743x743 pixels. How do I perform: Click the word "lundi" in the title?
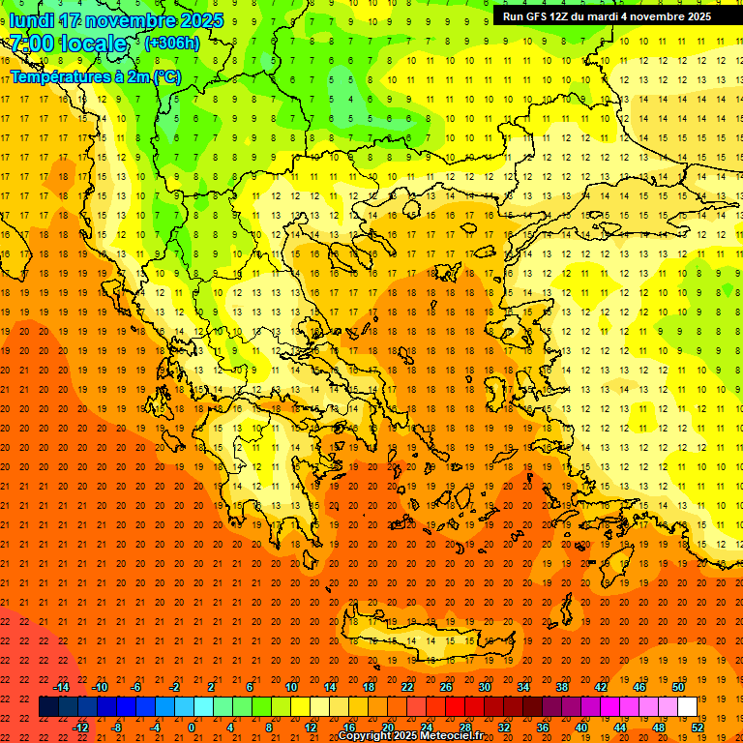[x=31, y=20]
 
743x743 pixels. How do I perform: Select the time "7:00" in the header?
[x=32, y=44]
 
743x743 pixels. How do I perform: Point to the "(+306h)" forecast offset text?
[x=172, y=43]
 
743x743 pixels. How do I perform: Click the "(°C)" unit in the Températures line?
[x=166, y=76]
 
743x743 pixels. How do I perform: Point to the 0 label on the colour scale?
[x=192, y=728]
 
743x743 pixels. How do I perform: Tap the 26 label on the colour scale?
[x=446, y=687]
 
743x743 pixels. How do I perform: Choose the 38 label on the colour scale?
[x=562, y=687]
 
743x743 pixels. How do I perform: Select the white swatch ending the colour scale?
[x=688, y=707]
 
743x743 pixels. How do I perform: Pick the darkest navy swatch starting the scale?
[x=48, y=707]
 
